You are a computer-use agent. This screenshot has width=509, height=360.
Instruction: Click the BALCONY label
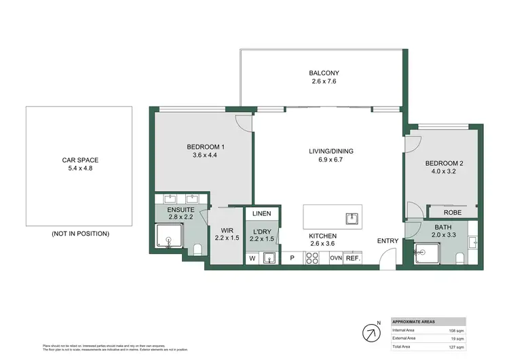[x=324, y=73]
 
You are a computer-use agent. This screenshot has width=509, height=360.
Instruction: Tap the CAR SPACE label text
[x=79, y=161]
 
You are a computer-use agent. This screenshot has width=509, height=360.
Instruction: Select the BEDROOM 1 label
[x=206, y=147]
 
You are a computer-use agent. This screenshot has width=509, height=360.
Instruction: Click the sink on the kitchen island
[x=352, y=218]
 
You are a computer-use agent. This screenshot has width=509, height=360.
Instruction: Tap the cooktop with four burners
[x=314, y=257]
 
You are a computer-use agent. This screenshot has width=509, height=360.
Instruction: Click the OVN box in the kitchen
[x=336, y=258]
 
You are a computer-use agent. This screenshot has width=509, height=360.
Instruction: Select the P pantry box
[x=292, y=258]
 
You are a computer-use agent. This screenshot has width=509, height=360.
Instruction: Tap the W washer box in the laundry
[x=251, y=258]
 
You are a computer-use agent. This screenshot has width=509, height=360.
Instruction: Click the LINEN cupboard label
[x=262, y=214]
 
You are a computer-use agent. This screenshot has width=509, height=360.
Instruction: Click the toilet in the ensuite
[x=197, y=249]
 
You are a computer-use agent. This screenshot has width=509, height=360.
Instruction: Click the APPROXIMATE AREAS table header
[x=415, y=321]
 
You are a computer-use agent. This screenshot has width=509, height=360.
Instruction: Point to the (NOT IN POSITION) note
[x=79, y=234]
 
